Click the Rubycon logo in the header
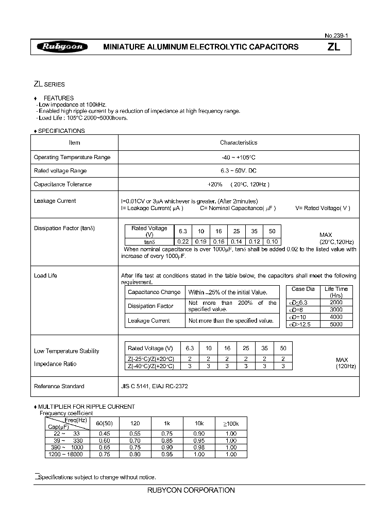pyautogui.click(x=62, y=47)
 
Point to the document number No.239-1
pyautogui.click(x=336, y=36)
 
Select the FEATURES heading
pyautogui.click(x=58, y=98)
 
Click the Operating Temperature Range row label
pyautogui.click(x=72, y=157)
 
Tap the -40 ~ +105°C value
pyautogui.click(x=238, y=157)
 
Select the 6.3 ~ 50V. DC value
pyautogui.click(x=238, y=170)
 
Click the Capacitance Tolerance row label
pyautogui.click(x=62, y=184)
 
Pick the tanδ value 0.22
pyautogui.click(x=183, y=241)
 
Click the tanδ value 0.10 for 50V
pyautogui.click(x=273, y=241)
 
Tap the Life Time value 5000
pyautogui.click(x=335, y=324)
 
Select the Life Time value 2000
pyautogui.click(x=335, y=303)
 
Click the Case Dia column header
pyautogui.click(x=302, y=289)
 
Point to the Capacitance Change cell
pyautogui.click(x=154, y=292)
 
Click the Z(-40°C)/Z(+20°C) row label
pyautogui.click(x=150, y=366)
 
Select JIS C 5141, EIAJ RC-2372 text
pyautogui.click(x=154, y=386)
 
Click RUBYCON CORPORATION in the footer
pyautogui.click(x=191, y=490)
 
